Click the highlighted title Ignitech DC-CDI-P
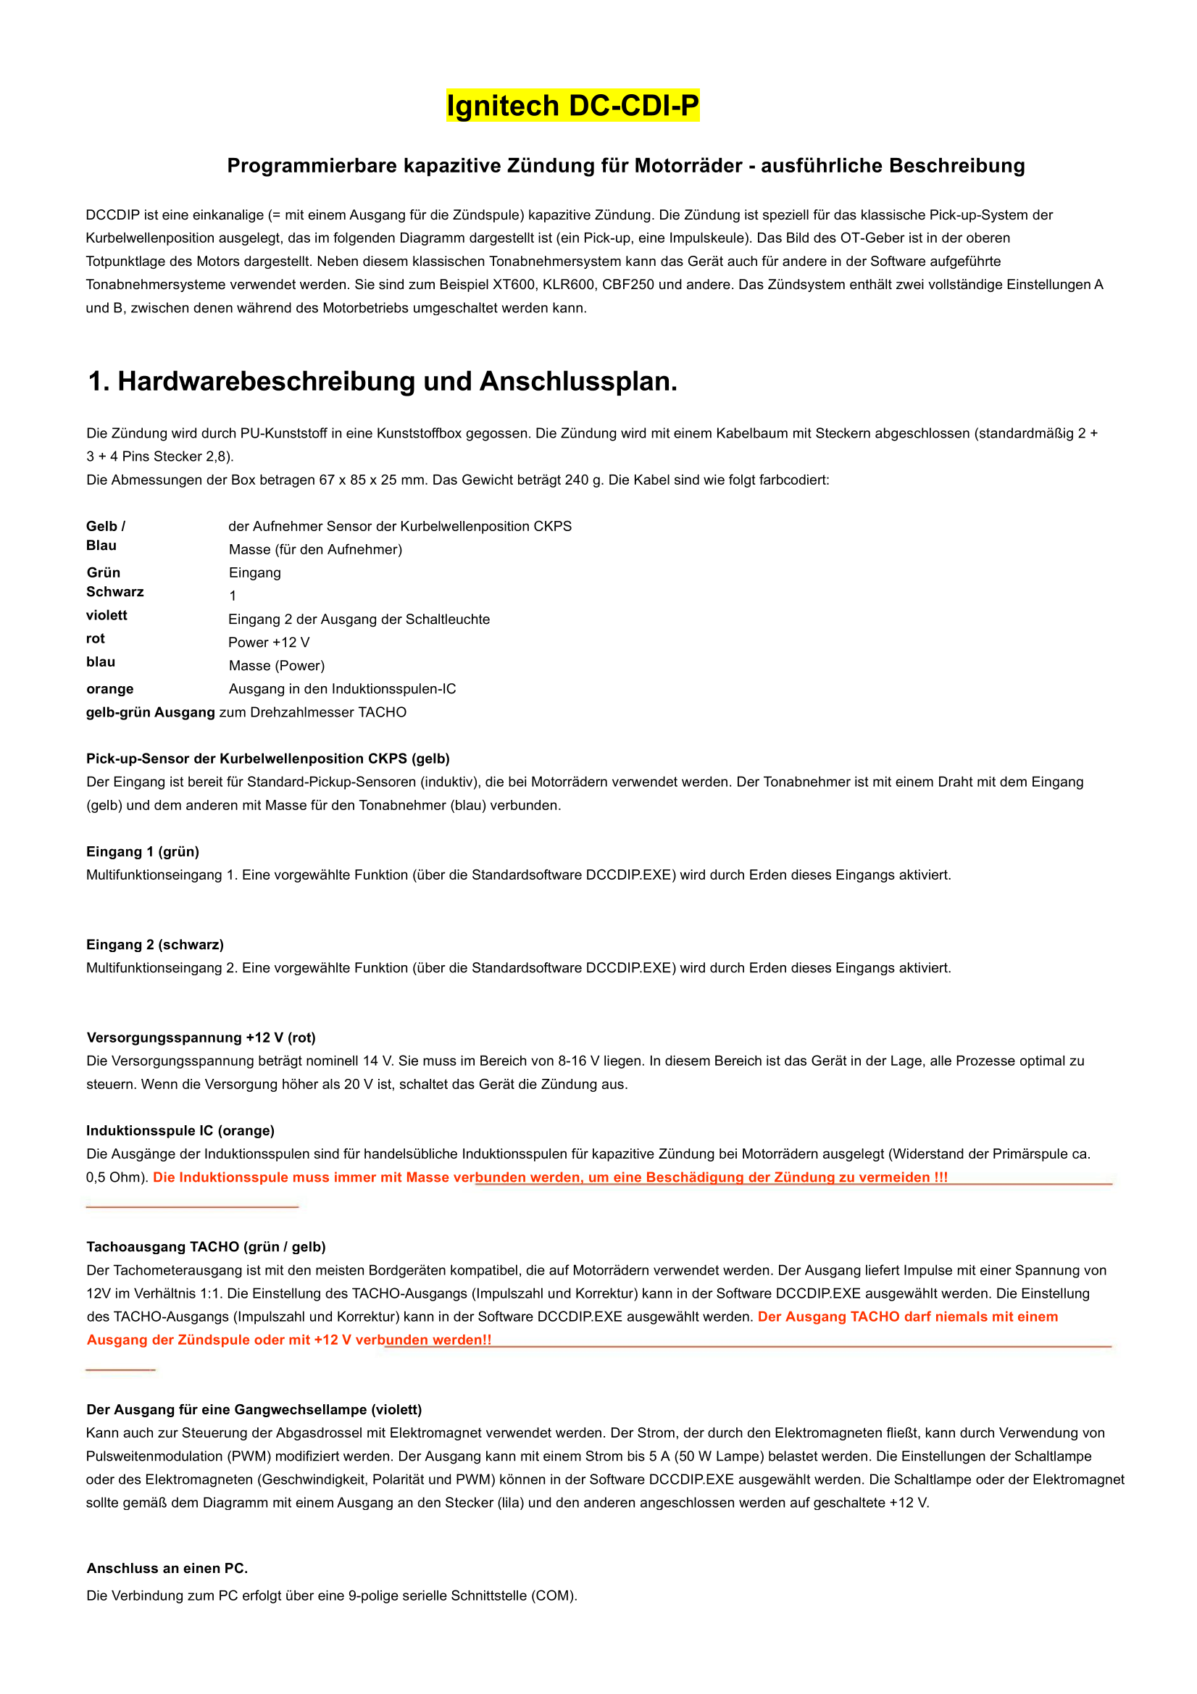coord(572,106)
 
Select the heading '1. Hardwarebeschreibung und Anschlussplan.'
coord(383,381)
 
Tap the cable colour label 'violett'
coord(107,615)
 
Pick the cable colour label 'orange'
coord(110,689)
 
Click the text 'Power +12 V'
coord(269,643)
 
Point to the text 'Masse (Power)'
coord(277,665)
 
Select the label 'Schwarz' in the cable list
coord(115,592)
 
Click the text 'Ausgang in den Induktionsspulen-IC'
coord(343,689)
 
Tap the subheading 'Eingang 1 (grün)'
coord(143,851)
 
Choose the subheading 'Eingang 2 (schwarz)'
coord(155,944)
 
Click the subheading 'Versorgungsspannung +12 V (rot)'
coord(201,1038)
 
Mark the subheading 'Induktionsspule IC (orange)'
coord(180,1130)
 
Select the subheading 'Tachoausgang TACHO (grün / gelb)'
coord(206,1247)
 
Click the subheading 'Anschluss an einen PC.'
coord(167,1569)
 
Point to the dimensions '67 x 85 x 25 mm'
coord(371,480)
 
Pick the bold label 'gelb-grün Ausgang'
coord(151,713)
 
